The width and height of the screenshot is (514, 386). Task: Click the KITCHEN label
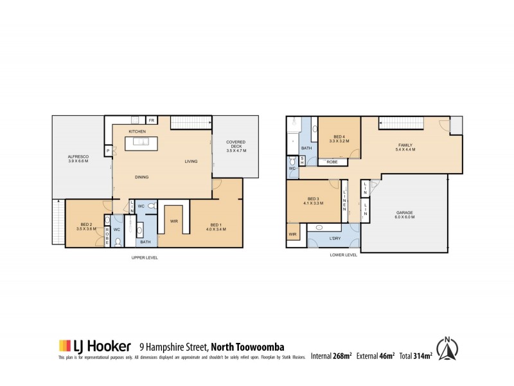[137, 132]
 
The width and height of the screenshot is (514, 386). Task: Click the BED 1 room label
[213, 226]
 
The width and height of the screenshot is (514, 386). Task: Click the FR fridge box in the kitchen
[152, 120]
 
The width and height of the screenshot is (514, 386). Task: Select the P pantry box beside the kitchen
[109, 151]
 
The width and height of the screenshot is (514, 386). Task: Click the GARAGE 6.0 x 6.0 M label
[405, 214]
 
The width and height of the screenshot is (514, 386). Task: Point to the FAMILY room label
[405, 147]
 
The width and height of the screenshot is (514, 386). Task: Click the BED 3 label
[313, 201]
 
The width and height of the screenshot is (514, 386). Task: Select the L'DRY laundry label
[334, 239]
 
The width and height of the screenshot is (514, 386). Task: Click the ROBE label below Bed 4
[332, 162]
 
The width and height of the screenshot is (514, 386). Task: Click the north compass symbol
[447, 348]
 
